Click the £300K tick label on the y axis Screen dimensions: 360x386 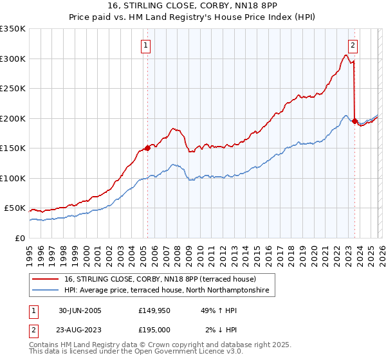[x=13, y=59]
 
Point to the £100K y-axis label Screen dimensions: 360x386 [x=13, y=178]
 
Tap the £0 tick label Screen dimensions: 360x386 [x=19, y=238]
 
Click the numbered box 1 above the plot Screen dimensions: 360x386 [x=147, y=46]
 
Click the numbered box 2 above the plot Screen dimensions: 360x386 [x=354, y=45]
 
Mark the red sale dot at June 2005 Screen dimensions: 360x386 [x=147, y=148]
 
